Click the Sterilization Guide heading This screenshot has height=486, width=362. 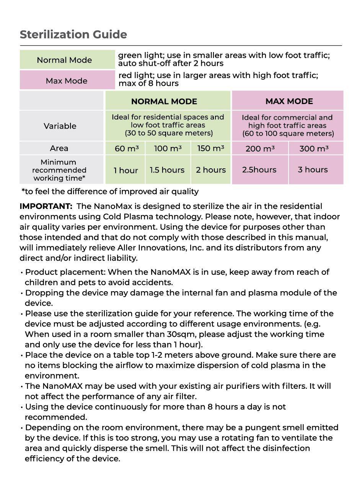73,34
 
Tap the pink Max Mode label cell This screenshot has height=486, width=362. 67,81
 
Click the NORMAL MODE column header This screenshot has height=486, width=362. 164,101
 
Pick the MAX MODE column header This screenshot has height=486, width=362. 289,101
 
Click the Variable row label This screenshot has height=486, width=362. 60,126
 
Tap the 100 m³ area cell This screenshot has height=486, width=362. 168,148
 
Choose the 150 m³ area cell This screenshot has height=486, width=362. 210,148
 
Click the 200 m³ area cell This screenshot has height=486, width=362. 260,148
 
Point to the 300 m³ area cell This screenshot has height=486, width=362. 314,148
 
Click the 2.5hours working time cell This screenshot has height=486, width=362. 259,170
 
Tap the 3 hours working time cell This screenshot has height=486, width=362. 313,170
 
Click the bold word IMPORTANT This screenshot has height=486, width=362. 46,206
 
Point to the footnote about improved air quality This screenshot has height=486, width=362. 110,191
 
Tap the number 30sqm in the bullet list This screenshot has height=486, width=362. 183,334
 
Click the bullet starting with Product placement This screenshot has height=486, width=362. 175,277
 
